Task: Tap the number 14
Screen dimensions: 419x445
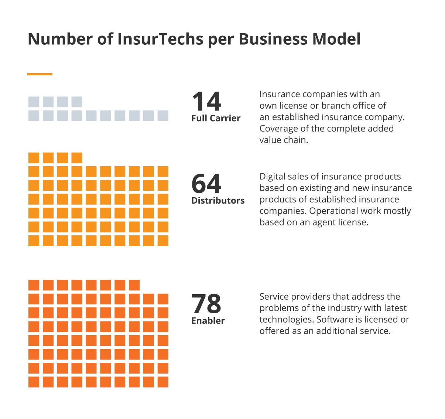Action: (x=206, y=101)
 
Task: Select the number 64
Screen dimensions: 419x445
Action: (x=206, y=184)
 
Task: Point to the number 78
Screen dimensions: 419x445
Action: (x=206, y=304)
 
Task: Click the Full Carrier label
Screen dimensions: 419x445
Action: (x=216, y=118)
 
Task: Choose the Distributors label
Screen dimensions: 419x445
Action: (x=218, y=201)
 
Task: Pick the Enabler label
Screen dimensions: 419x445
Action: (x=208, y=321)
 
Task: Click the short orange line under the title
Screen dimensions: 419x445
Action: (x=40, y=74)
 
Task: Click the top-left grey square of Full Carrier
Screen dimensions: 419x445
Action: (x=34, y=102)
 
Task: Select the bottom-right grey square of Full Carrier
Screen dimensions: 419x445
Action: (x=163, y=116)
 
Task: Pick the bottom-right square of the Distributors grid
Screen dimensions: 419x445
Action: (x=163, y=241)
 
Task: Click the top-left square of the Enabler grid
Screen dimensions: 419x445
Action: (x=34, y=285)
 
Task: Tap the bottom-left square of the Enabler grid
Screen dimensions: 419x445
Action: (x=34, y=382)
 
